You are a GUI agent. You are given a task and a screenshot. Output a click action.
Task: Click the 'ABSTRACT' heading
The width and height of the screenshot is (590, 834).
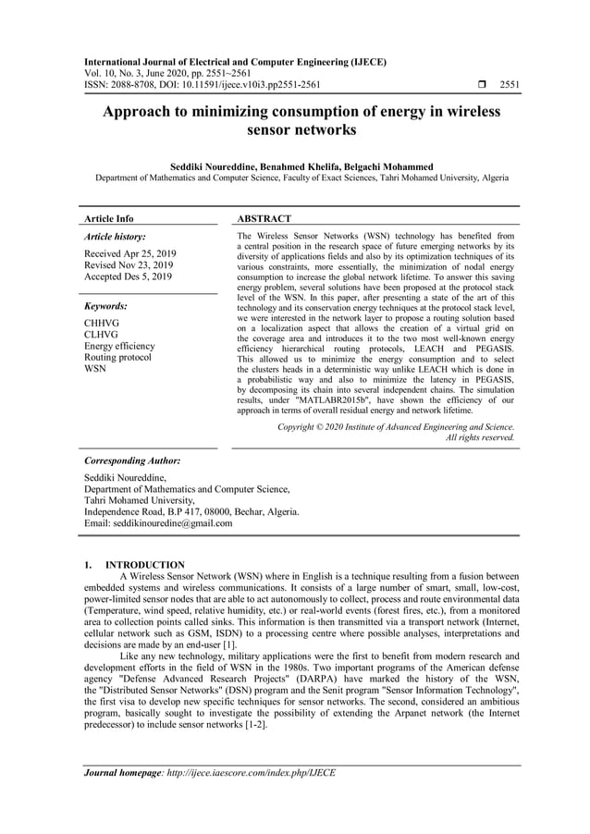point(264,219)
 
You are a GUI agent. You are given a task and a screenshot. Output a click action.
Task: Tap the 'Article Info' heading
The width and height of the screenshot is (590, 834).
point(108,219)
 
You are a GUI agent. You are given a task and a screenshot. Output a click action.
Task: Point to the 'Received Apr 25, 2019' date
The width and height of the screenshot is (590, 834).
point(130,253)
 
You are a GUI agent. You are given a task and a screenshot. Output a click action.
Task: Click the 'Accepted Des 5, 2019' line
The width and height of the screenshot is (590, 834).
point(128,276)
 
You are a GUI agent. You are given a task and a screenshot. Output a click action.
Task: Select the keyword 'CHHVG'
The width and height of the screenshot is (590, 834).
point(102,324)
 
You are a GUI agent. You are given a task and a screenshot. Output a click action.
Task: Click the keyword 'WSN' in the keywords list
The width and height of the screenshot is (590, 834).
point(95,368)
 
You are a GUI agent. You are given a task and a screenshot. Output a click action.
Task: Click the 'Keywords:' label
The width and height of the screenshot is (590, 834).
point(106,305)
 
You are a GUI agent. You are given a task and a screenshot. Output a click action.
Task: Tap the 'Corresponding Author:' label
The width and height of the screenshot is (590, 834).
point(132,460)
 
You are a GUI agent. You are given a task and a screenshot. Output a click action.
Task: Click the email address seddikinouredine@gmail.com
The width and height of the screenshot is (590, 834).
point(158,523)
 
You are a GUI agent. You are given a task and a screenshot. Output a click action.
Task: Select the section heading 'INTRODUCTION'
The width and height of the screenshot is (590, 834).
point(144,565)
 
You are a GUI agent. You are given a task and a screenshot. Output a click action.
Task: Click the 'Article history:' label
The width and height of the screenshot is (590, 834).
point(115,237)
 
